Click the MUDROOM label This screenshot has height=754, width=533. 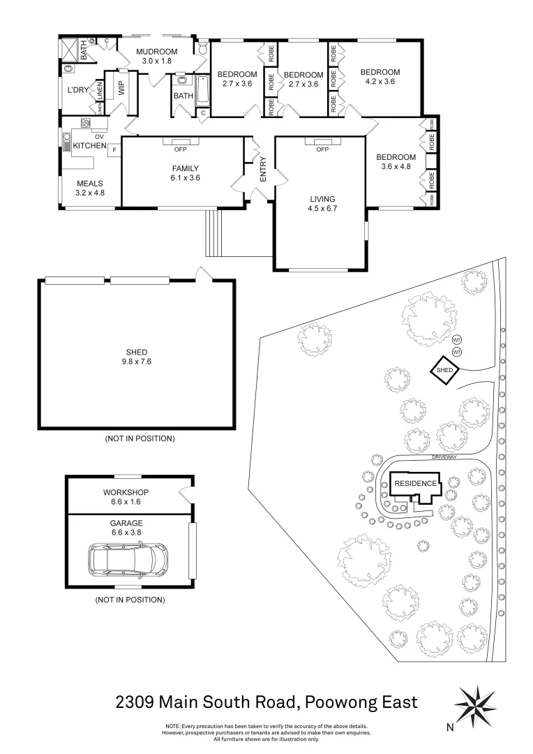[157, 52]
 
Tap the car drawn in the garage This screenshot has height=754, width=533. [128, 560]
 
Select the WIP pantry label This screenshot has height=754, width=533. [121, 88]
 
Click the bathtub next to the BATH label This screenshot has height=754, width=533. [203, 90]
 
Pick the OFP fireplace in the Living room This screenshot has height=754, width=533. [322, 141]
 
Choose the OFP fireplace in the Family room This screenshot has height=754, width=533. [180, 141]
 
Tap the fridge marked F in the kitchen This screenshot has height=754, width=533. [114, 150]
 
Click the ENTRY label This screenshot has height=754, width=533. [263, 169]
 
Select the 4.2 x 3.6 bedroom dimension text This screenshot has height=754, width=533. [380, 82]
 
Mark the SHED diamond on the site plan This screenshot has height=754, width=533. [445, 370]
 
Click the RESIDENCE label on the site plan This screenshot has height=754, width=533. [416, 484]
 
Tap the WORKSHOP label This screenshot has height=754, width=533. [126, 492]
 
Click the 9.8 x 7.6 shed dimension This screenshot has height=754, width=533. [137, 362]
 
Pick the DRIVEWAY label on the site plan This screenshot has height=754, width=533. [444, 457]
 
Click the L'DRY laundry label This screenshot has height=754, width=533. [78, 90]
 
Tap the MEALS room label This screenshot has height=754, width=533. [90, 183]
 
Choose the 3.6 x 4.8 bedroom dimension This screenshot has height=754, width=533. [396, 167]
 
